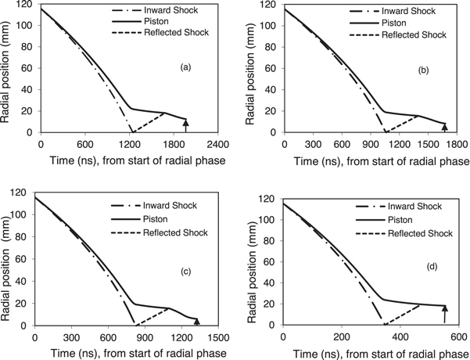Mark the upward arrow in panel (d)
click(444, 314)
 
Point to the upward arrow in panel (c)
click(197, 319)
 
